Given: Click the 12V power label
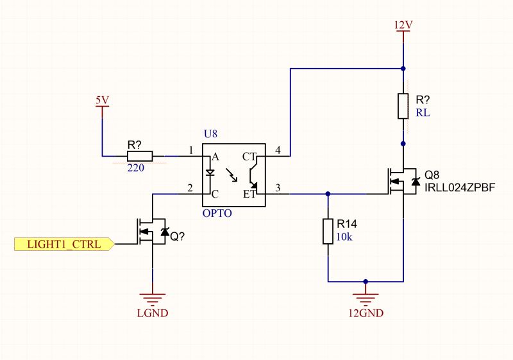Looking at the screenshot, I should click(403, 25).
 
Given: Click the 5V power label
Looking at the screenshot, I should click(102, 100).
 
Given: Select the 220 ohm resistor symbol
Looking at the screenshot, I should click(140, 155).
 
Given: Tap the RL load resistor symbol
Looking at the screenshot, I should click(403, 106).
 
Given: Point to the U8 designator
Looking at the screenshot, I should click(210, 134).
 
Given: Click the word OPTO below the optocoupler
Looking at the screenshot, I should click(217, 212).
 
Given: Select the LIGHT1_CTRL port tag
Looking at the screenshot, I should click(63, 244).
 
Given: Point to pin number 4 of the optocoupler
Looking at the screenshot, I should click(278, 150).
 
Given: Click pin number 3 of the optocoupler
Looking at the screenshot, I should click(278, 187).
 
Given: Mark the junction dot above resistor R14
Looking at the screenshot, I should click(328, 193).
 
